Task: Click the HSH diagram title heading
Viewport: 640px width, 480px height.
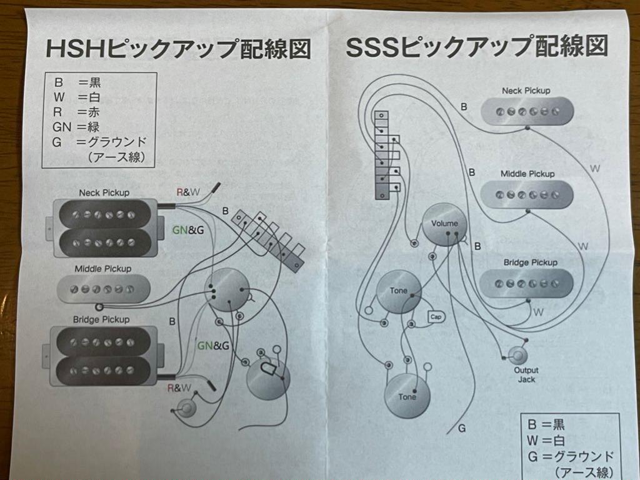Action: (x=177, y=48)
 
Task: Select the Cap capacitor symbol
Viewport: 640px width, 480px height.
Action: (x=436, y=316)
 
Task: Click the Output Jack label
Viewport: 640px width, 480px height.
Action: (x=526, y=375)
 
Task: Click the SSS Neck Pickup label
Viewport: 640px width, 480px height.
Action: (x=526, y=91)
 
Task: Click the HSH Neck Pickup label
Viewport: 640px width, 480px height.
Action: (x=104, y=193)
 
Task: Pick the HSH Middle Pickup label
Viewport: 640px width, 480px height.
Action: (x=103, y=269)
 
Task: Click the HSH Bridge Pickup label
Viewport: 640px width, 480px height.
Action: (x=101, y=320)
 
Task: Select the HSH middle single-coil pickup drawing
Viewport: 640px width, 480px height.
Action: (x=104, y=289)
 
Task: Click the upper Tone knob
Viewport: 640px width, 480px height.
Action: (x=399, y=291)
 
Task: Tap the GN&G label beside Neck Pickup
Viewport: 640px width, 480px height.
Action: (x=187, y=230)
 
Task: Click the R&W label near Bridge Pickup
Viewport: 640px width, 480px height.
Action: (x=179, y=388)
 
